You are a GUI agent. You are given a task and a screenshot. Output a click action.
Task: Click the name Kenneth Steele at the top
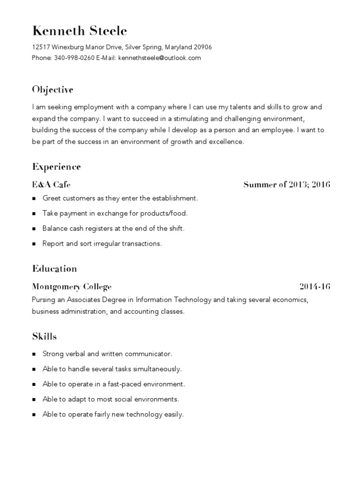[79, 31]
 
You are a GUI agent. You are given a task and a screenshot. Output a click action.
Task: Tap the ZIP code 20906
[202, 47]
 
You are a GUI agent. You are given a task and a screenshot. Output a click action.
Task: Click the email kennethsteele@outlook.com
[160, 58]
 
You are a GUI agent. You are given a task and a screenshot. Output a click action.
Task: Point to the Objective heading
[53, 90]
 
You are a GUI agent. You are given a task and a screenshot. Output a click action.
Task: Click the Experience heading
[57, 167]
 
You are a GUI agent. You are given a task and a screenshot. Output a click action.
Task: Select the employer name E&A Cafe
[51, 184]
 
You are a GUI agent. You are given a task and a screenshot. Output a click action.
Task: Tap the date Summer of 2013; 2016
[287, 184]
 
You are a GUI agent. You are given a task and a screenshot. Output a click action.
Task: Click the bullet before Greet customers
[34, 199]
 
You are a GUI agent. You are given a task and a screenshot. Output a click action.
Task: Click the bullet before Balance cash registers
[34, 229]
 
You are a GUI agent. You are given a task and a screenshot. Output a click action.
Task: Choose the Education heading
[54, 269]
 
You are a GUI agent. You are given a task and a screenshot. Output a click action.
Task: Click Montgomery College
[72, 287]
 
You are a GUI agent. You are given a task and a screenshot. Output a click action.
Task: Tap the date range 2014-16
[314, 287]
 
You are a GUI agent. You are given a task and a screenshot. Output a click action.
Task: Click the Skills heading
[44, 337]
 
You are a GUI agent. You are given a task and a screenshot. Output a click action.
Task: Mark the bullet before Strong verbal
[34, 354]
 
